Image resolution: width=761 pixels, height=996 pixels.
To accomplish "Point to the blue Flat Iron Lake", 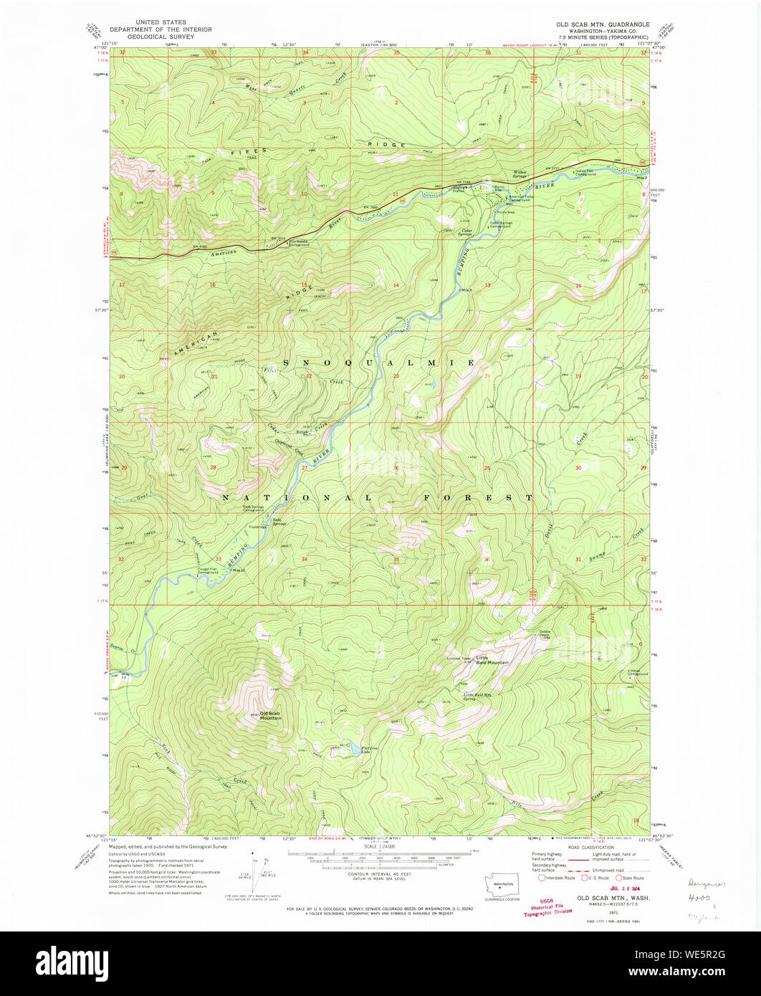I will (354, 750).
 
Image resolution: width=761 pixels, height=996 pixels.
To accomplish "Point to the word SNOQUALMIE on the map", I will (379, 363).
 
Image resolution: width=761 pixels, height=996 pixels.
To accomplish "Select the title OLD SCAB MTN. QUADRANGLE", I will (603, 24).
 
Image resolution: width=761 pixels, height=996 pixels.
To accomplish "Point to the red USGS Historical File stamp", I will (548, 907).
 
